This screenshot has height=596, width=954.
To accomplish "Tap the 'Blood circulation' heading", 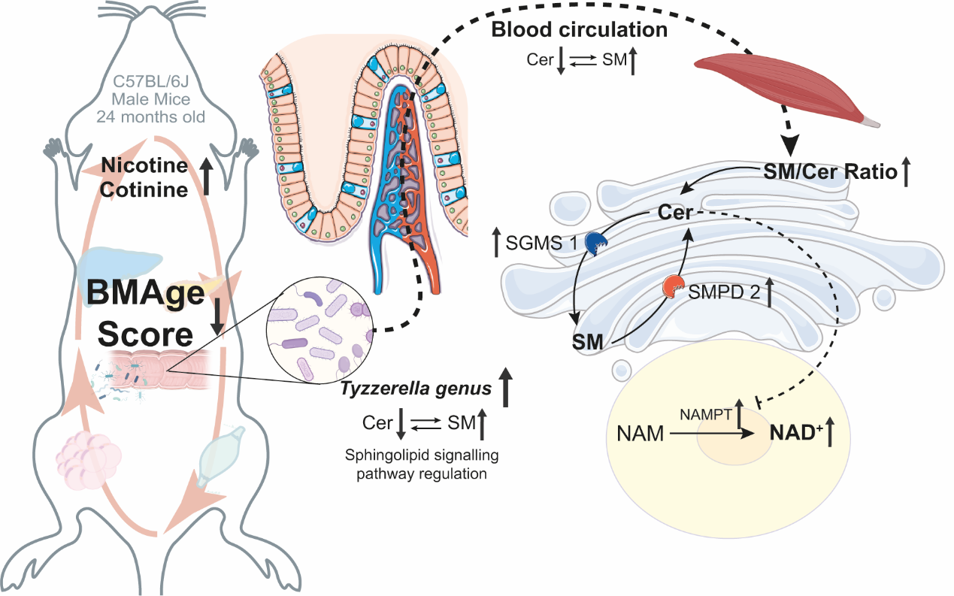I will (x=579, y=31).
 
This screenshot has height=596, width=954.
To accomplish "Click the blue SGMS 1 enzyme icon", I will (x=596, y=243).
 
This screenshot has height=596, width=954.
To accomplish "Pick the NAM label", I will (x=641, y=434).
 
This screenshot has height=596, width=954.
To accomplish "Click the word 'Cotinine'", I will (x=145, y=189).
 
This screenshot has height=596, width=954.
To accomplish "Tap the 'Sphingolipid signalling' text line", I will (x=422, y=455).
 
